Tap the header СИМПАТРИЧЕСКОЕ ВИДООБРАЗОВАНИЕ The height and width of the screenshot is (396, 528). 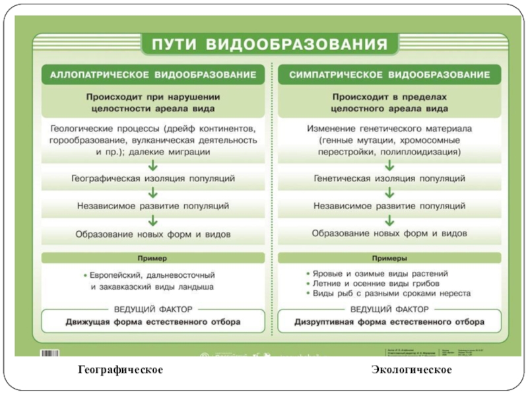click(x=389, y=75)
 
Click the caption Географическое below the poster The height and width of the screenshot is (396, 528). click(x=120, y=370)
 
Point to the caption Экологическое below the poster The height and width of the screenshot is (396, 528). click(x=411, y=370)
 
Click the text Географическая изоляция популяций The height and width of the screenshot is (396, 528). click(x=153, y=179)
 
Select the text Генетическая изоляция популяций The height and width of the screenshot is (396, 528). click(x=389, y=179)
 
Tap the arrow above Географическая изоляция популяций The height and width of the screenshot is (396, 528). click(x=153, y=165)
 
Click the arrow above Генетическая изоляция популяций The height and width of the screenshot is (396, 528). click(x=389, y=165)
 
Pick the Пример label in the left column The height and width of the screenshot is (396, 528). click(x=153, y=258)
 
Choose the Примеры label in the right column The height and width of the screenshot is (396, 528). click(x=389, y=258)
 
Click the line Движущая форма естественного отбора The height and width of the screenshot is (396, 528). click(x=153, y=323)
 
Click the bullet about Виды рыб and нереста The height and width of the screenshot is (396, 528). click(x=391, y=293)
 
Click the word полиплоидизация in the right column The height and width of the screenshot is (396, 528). click(x=426, y=152)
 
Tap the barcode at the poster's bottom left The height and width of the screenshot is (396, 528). click(x=59, y=354)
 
